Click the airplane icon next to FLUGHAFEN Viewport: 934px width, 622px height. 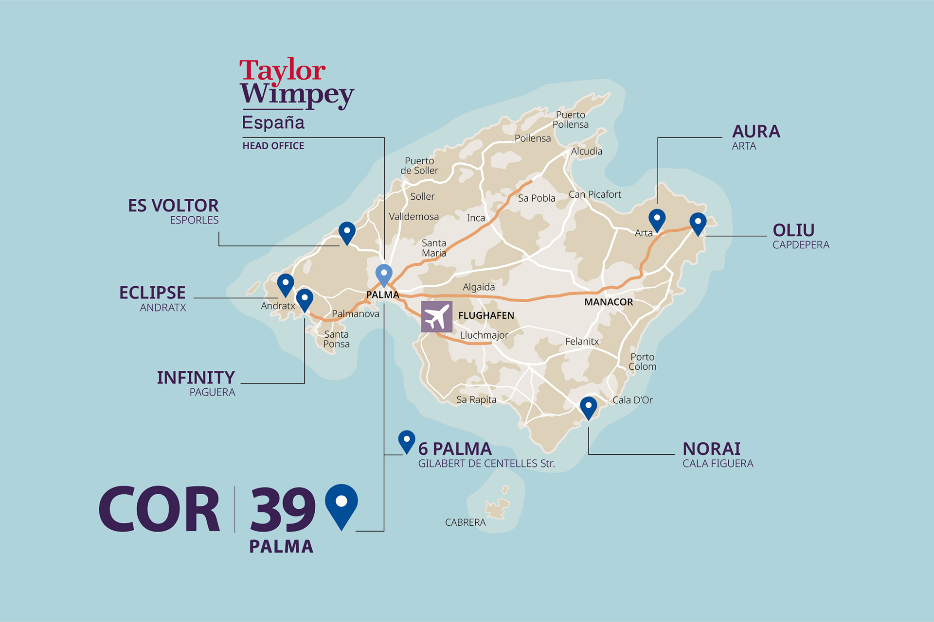[436, 316]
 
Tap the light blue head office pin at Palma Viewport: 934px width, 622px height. [384, 275]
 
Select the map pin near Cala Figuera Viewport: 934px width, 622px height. [588, 407]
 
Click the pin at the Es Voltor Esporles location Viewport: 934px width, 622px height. [347, 232]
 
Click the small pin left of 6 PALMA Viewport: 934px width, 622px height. [407, 441]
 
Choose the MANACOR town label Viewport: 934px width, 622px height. [609, 302]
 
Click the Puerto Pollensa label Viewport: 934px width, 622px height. [571, 120]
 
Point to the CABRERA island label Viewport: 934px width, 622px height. [465, 522]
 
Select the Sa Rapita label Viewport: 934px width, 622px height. [476, 400]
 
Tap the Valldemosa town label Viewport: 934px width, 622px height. [413, 217]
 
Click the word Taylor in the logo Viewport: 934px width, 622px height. [282, 70]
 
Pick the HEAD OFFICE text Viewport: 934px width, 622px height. [273, 146]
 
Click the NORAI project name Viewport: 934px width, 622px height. [712, 449]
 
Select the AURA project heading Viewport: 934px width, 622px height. [756, 132]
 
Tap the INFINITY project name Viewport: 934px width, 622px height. [196, 378]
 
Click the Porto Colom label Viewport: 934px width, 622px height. [642, 362]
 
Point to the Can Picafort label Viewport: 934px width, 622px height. [594, 194]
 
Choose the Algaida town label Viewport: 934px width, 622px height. [479, 287]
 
